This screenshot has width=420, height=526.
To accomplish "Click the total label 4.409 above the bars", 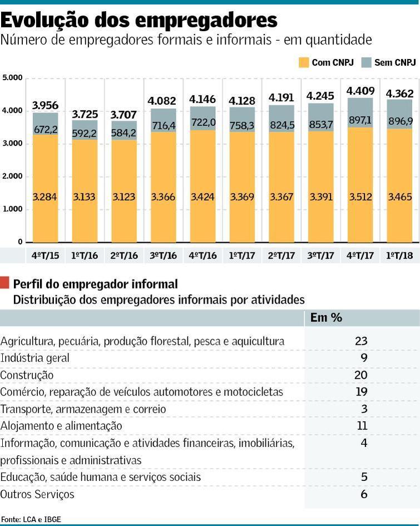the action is [x=360, y=91].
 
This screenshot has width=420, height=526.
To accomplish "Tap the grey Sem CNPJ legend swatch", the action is [x=367, y=62].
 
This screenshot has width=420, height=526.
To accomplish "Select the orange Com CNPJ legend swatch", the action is [x=303, y=62].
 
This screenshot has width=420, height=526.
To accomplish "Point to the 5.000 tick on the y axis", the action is [x=12, y=78].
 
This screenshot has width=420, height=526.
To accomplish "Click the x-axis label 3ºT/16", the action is [x=163, y=256].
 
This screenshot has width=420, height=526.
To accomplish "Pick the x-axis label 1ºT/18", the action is [x=399, y=256].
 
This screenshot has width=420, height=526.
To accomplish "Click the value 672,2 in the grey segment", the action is [x=46, y=129].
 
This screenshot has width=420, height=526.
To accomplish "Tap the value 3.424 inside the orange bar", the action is [x=202, y=197].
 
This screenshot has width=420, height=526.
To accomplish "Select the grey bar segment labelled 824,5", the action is [x=281, y=119].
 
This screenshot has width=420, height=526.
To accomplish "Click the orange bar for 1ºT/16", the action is [x=85, y=191].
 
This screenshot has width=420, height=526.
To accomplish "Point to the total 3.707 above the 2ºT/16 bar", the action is [x=123, y=115].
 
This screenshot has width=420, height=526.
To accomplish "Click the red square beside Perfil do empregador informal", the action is [x=4, y=283].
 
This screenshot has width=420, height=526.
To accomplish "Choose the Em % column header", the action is [x=326, y=318].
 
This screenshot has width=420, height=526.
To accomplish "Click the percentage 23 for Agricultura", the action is [x=361, y=341].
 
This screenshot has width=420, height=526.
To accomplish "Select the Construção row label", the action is [x=27, y=375].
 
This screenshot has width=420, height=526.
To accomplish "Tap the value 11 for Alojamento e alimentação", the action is [x=362, y=426].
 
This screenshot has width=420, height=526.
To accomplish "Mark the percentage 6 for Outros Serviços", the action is [x=364, y=494].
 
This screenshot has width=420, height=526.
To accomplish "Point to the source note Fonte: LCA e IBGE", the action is [x=31, y=519].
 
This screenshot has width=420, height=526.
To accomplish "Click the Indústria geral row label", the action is [x=35, y=358].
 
